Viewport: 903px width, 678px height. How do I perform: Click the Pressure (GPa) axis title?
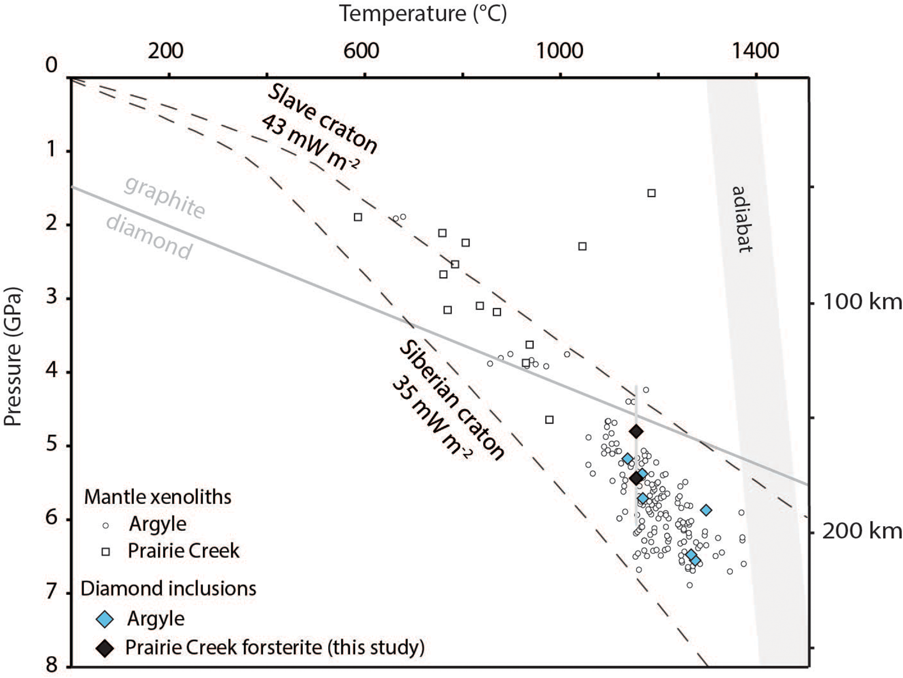(13, 356)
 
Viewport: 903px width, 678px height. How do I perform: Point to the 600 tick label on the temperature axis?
(361, 51)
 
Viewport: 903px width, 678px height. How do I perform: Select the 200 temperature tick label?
(165, 51)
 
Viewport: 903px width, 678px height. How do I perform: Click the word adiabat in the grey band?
(742, 219)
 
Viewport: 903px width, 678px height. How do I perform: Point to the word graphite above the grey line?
(165, 197)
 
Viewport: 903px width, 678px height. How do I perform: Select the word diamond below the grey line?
(149, 237)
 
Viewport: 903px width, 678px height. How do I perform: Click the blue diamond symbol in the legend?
(105, 620)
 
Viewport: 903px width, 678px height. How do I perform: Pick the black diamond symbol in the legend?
(105, 648)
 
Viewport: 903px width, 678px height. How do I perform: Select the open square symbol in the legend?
(106, 552)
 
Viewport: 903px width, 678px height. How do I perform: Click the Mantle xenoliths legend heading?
(158, 497)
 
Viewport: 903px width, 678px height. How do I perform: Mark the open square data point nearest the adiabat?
(651, 193)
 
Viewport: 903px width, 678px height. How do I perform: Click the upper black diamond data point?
(636, 431)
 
